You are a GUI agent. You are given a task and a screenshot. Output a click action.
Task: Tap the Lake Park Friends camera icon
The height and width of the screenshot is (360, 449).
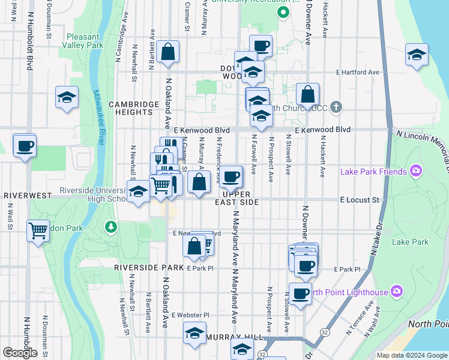415,172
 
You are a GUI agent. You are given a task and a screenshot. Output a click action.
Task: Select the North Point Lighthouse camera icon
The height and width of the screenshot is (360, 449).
396,292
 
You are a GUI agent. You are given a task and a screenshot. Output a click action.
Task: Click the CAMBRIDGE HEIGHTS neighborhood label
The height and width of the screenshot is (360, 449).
133,107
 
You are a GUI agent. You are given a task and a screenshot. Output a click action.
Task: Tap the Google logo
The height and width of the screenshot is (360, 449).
20,353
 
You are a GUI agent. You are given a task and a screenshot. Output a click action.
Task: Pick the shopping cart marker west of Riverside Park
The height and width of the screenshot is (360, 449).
38,230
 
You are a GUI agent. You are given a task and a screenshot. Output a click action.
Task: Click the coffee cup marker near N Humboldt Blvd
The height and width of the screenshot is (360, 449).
25,146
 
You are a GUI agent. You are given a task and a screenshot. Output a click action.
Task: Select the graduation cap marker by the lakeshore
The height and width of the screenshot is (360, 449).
417,55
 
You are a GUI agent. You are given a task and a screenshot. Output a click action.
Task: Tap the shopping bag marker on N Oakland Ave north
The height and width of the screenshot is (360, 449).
169,52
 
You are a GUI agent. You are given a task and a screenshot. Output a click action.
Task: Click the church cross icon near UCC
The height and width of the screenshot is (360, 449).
336,108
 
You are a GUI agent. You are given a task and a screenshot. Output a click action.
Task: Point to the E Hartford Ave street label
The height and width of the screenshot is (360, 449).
358,72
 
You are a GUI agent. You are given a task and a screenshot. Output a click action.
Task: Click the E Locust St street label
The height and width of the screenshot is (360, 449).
360,199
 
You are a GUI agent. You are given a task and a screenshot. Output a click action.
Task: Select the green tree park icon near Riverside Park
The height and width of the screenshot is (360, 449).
110,227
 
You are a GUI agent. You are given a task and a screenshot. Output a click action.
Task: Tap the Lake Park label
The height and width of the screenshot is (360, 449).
410,242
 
